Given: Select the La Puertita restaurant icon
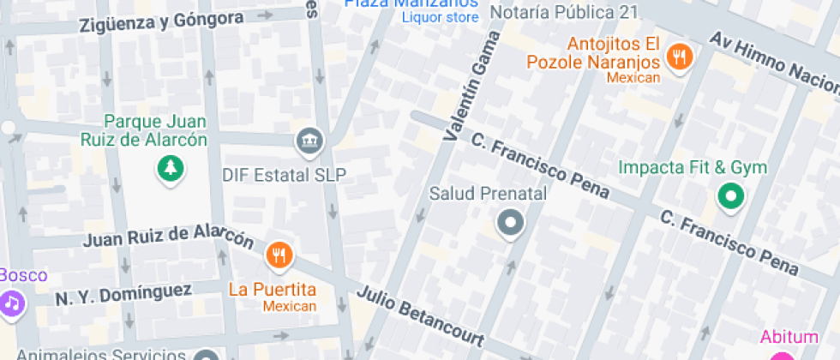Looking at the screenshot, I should pyautogui.click(x=279, y=255).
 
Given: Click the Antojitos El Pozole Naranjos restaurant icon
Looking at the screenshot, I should pyautogui.click(x=681, y=57).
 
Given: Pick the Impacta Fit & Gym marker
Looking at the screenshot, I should pyautogui.click(x=730, y=197).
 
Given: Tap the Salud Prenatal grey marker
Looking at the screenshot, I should pyautogui.click(x=511, y=225).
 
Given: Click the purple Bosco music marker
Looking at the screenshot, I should pyautogui.click(x=10, y=303).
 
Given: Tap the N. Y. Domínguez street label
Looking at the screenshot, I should pyautogui.click(x=123, y=295).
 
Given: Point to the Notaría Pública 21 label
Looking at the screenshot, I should pyautogui.click(x=576, y=12).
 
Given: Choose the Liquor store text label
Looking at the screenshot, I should pyautogui.click(x=441, y=17).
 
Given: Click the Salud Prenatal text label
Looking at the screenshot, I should pyautogui.click(x=488, y=194).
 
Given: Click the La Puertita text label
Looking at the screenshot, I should pyautogui.click(x=272, y=289).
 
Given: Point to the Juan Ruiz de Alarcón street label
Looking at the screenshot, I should pyautogui.click(x=168, y=236).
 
